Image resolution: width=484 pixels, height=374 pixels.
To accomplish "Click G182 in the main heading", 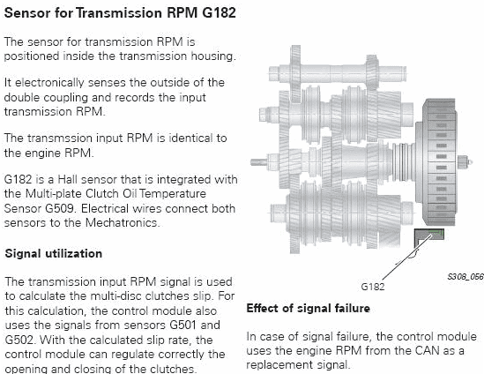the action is click(220, 13).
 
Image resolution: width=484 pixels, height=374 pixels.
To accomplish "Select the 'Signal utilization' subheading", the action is click(54, 253).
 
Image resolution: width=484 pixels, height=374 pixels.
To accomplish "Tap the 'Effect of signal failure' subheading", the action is click(308, 308).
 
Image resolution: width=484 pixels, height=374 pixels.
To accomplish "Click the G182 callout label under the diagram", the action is click(373, 287).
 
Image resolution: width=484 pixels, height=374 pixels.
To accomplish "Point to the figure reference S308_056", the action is click(465, 276).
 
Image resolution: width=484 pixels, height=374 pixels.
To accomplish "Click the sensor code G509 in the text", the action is click(60, 208).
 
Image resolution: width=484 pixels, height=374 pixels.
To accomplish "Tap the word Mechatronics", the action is click(123, 222).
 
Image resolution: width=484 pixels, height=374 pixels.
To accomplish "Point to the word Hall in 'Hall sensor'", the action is click(68, 179).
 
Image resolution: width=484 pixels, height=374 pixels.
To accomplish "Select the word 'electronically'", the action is click(49, 83).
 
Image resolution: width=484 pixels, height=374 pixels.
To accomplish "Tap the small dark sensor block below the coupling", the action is click(428, 237).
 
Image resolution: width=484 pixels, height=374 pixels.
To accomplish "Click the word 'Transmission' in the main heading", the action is click(119, 13).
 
